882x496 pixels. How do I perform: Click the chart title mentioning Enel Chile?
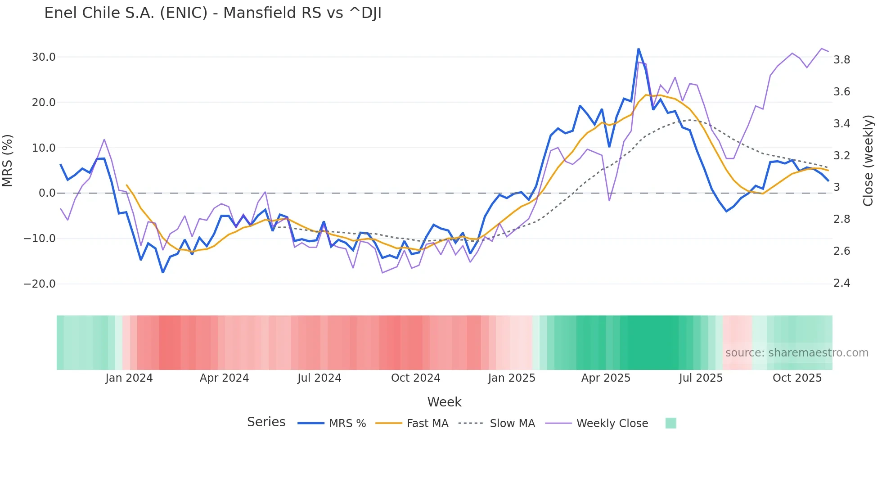pyautogui.click(x=213, y=13)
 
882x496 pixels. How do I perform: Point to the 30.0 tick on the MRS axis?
pyautogui.click(x=44, y=57)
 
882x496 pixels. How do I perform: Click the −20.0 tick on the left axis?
pyautogui.click(x=40, y=284)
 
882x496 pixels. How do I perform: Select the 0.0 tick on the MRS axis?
pyautogui.click(x=47, y=193)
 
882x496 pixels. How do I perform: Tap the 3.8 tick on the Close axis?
pyautogui.click(x=841, y=60)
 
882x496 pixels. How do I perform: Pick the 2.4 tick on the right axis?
pyautogui.click(x=841, y=283)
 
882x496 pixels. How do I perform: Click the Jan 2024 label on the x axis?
pyautogui.click(x=129, y=378)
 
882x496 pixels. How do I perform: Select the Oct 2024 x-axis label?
pyautogui.click(x=415, y=378)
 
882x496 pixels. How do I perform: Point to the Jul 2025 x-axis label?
pyautogui.click(x=701, y=378)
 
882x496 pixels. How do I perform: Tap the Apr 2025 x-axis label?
pyautogui.click(x=606, y=378)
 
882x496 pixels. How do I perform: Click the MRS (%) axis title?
pyautogui.click(x=8, y=161)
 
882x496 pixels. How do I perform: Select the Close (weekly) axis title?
pyautogui.click(x=868, y=161)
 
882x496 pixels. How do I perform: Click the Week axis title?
pyautogui.click(x=444, y=402)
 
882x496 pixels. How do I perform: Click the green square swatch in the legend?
pyautogui.click(x=670, y=423)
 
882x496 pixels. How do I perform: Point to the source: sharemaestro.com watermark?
pyautogui.click(x=796, y=353)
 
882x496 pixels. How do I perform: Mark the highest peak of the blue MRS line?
pyautogui.click(x=638, y=49)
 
